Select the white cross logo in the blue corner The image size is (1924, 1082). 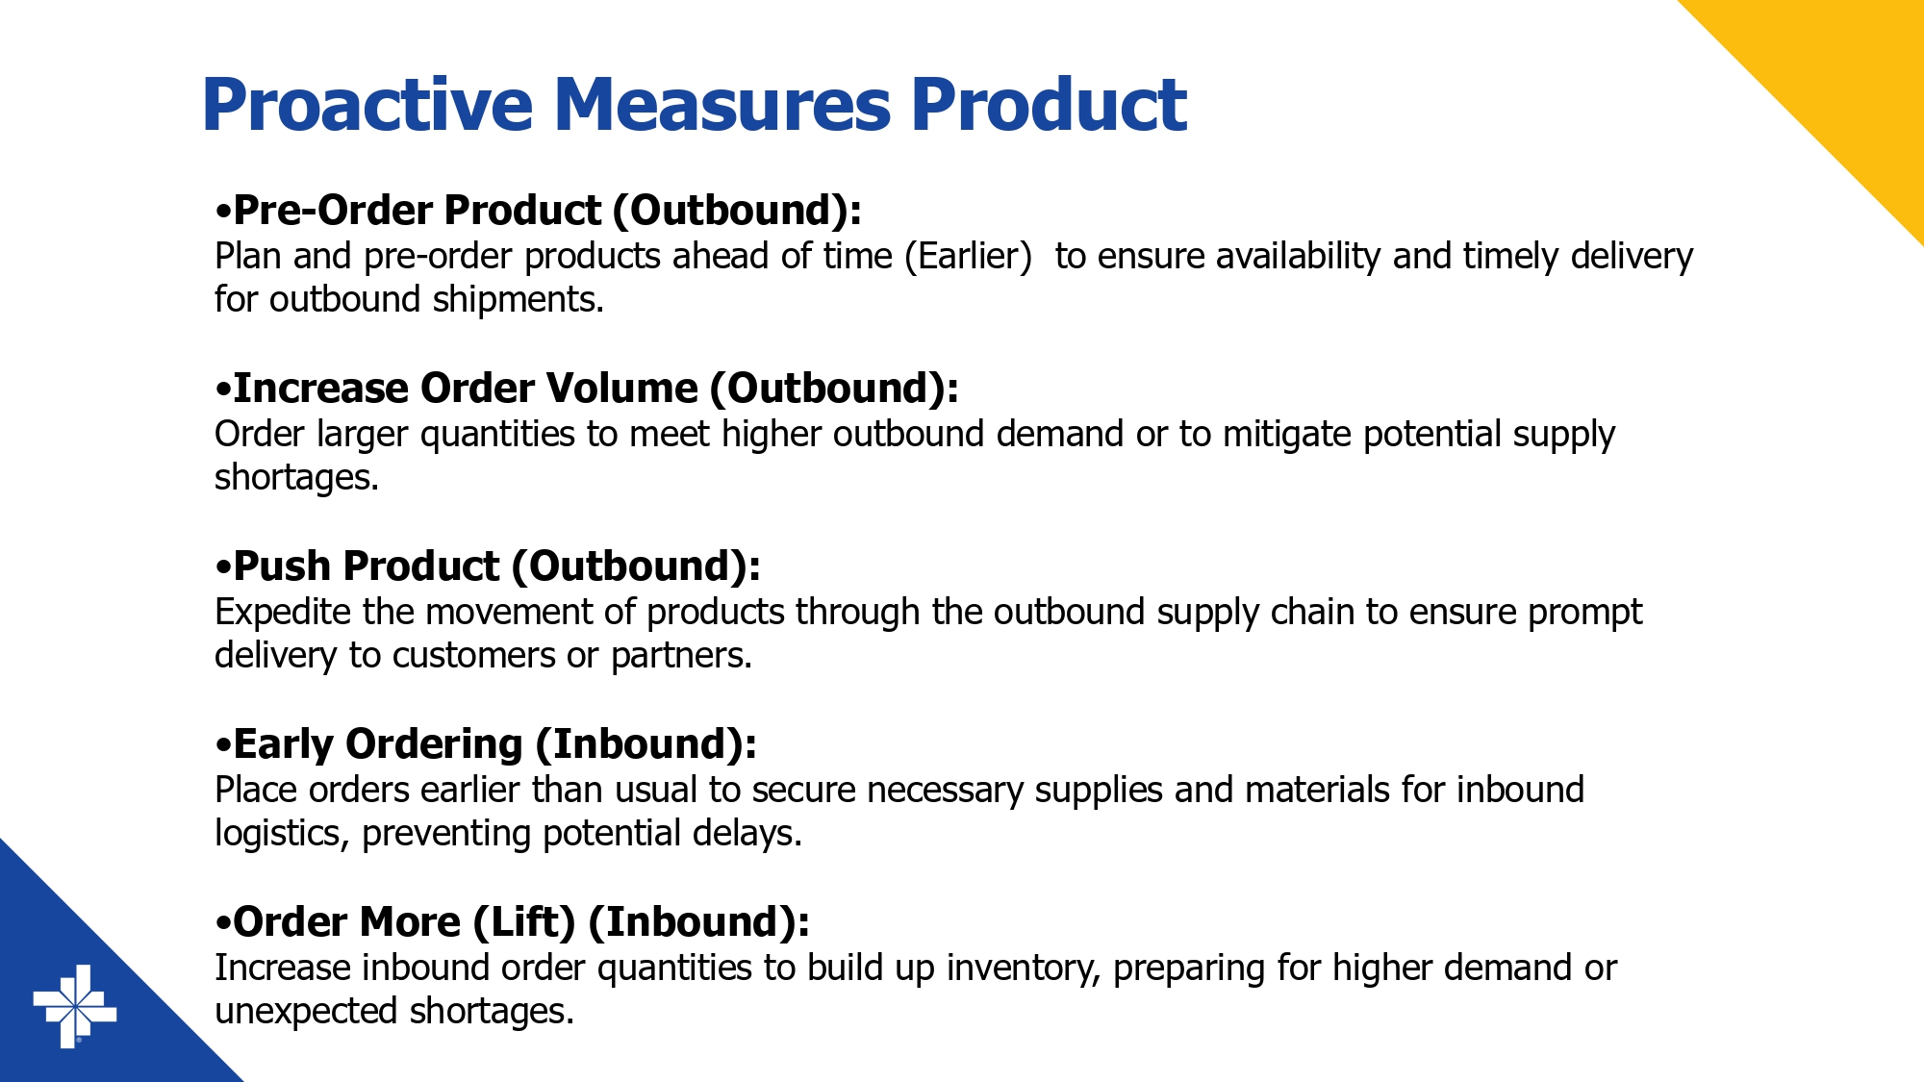coord(75,1007)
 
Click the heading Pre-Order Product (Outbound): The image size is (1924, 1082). coord(539,210)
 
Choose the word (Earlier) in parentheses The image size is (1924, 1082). coord(968,256)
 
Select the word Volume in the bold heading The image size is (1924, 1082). coord(622,388)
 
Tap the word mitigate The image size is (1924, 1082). coord(1287,434)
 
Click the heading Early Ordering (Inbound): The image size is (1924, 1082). coord(486,743)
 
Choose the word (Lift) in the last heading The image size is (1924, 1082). coord(524,921)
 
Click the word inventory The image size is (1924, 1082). coord(1024,968)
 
